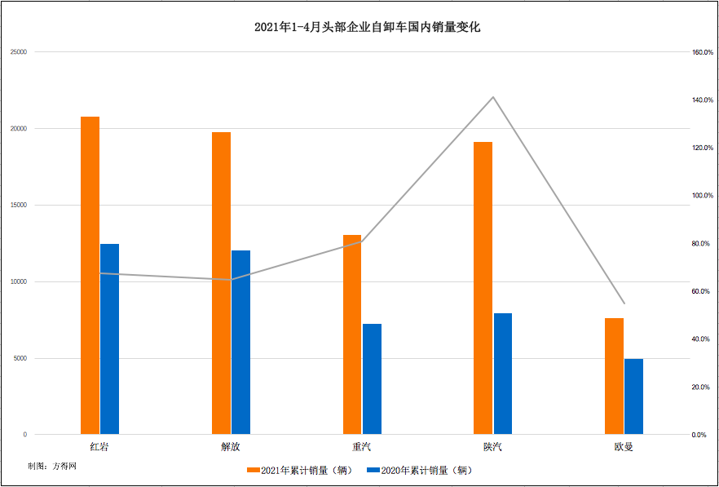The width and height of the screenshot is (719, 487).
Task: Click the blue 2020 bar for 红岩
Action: tap(109, 339)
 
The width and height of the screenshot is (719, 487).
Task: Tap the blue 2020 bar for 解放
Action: tap(240, 342)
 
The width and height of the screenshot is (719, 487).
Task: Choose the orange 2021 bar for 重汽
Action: tap(351, 334)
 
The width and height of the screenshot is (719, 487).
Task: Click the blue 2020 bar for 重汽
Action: tap(372, 379)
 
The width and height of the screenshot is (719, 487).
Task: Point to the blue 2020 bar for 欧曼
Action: tap(633, 396)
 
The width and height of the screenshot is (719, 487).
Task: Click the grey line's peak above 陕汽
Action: tap(493, 97)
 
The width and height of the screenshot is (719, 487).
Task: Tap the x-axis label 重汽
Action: tap(362, 447)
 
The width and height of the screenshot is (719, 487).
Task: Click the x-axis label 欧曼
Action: tap(624, 447)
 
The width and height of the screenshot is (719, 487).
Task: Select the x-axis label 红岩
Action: tap(99, 447)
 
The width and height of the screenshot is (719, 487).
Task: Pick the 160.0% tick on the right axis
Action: tap(703, 52)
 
